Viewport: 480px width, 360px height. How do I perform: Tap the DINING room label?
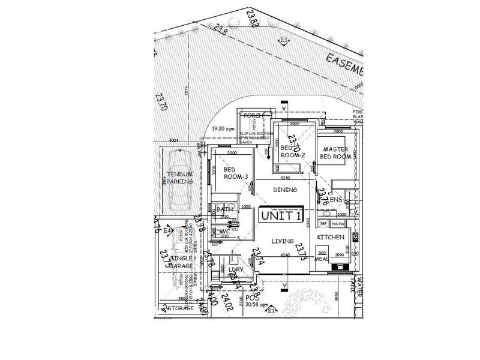pos(285,190)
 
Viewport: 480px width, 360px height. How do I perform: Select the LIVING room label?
pos(282,241)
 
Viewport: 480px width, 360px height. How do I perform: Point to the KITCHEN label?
pos(331,238)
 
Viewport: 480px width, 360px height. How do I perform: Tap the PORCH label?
pos(251,116)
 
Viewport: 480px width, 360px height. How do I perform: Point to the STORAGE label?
pos(180,308)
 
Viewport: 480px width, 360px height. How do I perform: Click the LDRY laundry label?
pos(236,270)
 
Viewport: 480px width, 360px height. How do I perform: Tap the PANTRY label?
pos(337,224)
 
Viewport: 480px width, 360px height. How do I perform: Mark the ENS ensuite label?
pos(336,199)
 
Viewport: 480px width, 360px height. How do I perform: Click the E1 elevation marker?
pos(271,311)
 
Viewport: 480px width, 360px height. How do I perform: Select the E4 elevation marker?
pos(168,230)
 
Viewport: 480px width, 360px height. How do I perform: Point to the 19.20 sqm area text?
pos(223,129)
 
